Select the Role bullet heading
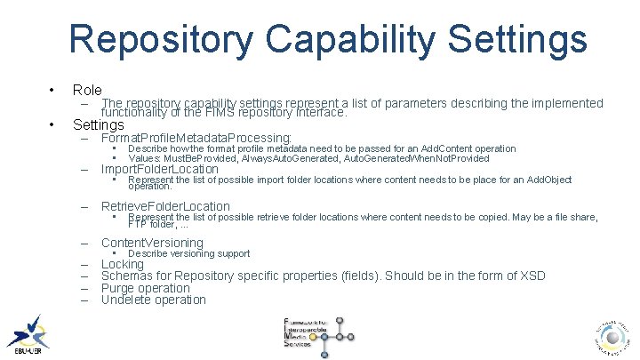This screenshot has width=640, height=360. pyautogui.click(x=87, y=90)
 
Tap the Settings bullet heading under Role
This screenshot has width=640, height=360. pyautogui.click(x=99, y=125)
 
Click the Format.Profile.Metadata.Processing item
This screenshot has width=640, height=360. pyautogui.click(x=196, y=138)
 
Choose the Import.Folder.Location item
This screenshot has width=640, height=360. pyautogui.click(x=160, y=169)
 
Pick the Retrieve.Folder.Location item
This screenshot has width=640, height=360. pyautogui.click(x=165, y=206)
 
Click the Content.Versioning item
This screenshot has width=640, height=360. pyautogui.click(x=152, y=243)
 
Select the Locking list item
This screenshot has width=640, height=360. pyautogui.click(x=123, y=264)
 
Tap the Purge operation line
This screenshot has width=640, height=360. pyautogui.click(x=146, y=288)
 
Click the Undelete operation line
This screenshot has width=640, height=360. pyautogui.click(x=154, y=300)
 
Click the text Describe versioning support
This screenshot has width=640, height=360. pyautogui.click(x=189, y=253)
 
